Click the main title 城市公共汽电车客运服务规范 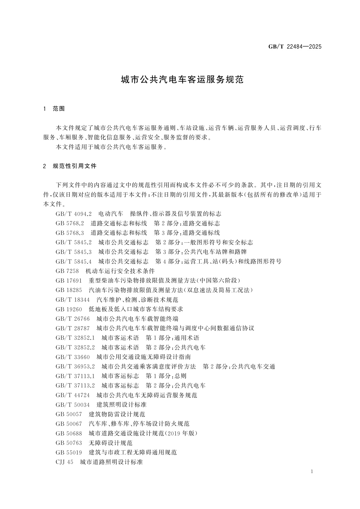[x=182, y=80]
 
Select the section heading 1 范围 [x=54, y=109]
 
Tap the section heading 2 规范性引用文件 [x=70, y=166]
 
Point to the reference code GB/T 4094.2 [x=73, y=214]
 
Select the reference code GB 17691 [x=69, y=281]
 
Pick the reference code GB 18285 [x=69, y=290]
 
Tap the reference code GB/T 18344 [x=73, y=300]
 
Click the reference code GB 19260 [x=69, y=309]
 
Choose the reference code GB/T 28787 [x=73, y=328]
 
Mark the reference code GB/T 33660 [x=73, y=357]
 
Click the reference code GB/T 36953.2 [x=75, y=367]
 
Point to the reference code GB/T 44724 [x=73, y=395]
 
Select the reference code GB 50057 [x=69, y=414]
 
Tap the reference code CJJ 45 [x=64, y=462]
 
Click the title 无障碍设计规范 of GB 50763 [x=111, y=443]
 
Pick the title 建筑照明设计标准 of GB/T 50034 [x=122, y=405]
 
